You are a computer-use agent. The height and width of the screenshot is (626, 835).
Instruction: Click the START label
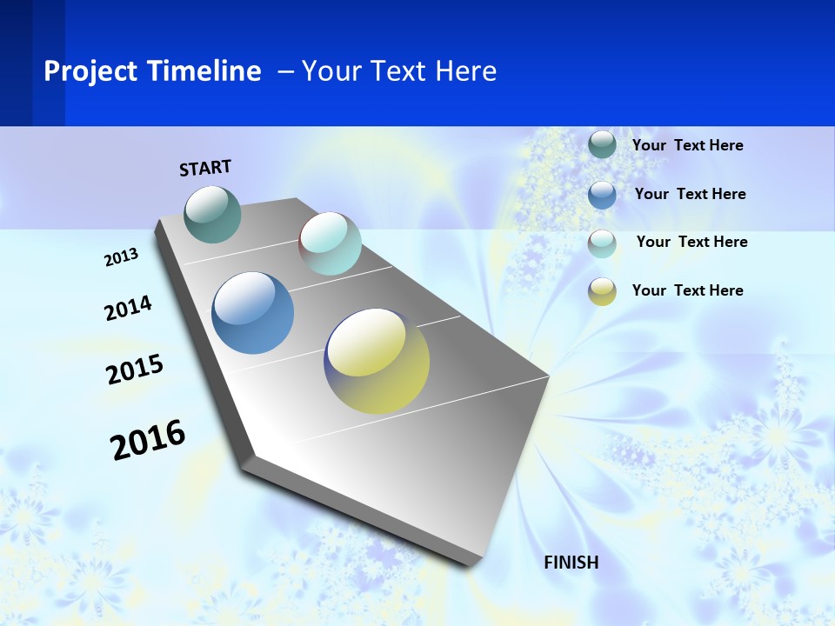[205, 168]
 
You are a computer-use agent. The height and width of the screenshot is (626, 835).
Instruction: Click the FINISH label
[571, 563]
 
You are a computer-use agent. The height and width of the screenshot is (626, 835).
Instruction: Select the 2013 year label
[121, 257]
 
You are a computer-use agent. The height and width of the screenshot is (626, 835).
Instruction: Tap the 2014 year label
[128, 308]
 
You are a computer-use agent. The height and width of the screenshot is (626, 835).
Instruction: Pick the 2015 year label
[135, 370]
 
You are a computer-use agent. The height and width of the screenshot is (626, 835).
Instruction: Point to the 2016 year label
[148, 440]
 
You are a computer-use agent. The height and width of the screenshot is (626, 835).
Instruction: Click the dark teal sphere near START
[213, 214]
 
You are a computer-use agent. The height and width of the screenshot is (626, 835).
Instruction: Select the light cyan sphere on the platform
[330, 243]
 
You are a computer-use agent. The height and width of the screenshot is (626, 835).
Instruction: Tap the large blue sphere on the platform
[253, 313]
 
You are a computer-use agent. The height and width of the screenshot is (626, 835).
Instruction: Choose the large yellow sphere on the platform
[377, 361]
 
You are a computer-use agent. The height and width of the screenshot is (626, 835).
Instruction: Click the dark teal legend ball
[602, 144]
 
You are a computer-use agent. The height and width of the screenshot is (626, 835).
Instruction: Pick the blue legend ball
[602, 194]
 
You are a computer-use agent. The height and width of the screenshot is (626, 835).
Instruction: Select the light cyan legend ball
[602, 243]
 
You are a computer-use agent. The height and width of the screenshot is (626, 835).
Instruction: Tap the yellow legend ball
[602, 291]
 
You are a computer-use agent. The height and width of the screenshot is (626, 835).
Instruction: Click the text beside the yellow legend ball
[687, 290]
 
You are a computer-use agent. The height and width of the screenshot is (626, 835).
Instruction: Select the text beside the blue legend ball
[690, 194]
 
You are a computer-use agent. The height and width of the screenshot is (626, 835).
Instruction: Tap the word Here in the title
[465, 71]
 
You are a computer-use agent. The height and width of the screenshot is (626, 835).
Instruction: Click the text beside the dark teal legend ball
[687, 145]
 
